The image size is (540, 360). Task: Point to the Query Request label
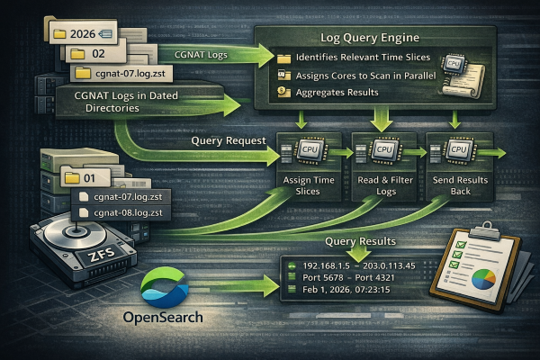229,140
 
